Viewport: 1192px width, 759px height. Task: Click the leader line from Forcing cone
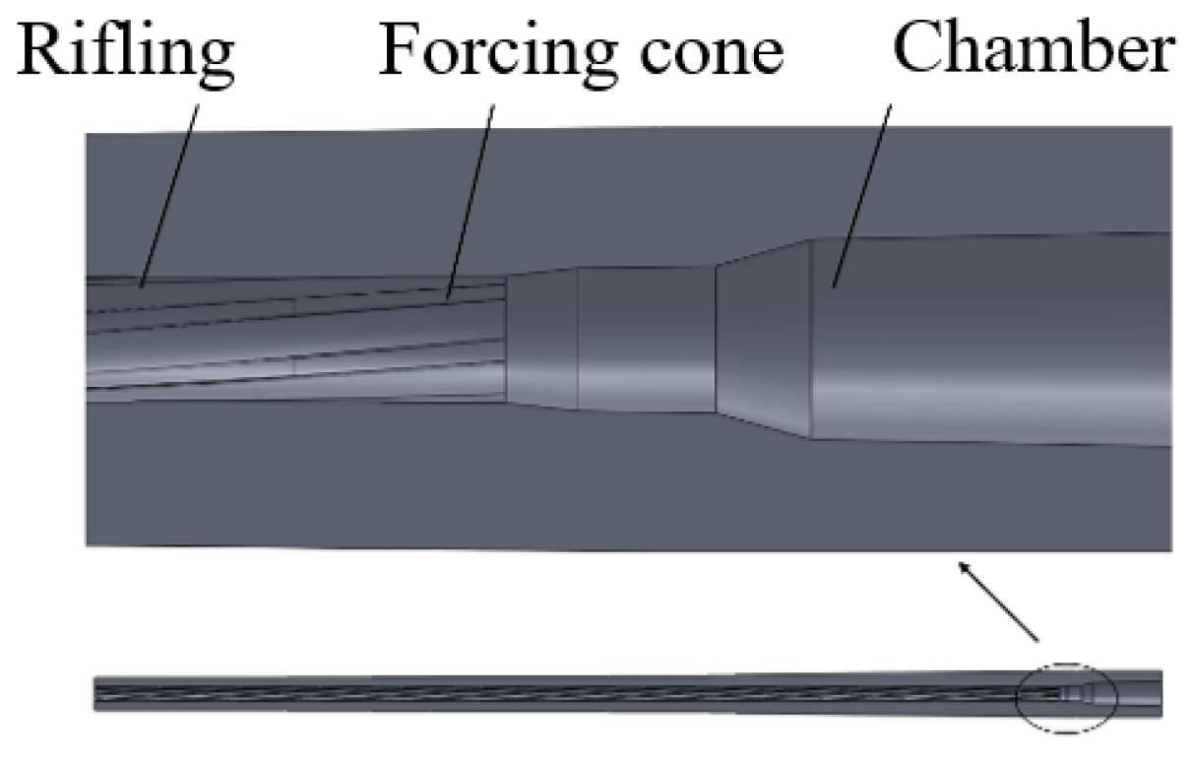click(471, 197)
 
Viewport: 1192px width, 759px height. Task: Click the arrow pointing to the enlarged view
click(999, 601)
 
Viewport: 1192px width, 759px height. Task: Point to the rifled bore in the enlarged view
click(295, 340)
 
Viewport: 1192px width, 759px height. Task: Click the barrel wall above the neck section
click(645, 197)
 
